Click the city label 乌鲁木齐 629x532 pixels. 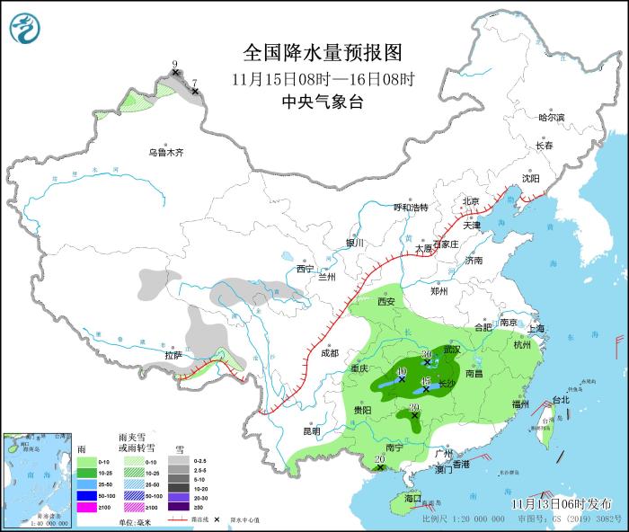pos(166,153)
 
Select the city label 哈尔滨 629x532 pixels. pos(551,118)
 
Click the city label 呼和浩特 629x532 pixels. pos(412,208)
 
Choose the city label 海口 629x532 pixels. pos(412,497)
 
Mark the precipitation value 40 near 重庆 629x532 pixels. pos(401,371)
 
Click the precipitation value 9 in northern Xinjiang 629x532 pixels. pos(175,64)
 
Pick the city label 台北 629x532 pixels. pos(560,400)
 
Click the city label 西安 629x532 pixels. pos(386,302)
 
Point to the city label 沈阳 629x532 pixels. pos(532,179)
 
